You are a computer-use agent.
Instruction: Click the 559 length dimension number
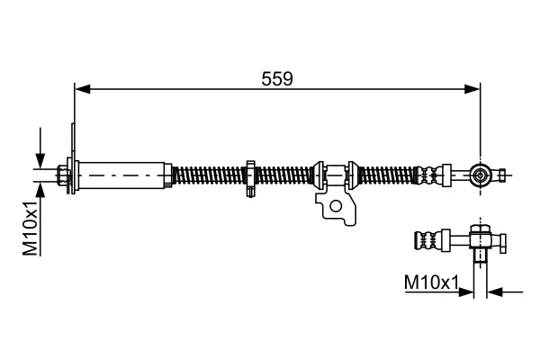[x=277, y=79]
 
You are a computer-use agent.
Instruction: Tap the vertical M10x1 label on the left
[x=31, y=228]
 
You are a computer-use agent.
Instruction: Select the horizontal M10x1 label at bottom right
[x=431, y=283]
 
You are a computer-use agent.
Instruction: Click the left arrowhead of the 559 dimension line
[x=83, y=89]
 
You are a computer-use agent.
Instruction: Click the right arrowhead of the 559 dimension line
[x=472, y=89]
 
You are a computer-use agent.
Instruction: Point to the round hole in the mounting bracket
[x=336, y=206]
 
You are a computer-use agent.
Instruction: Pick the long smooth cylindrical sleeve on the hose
[x=122, y=175]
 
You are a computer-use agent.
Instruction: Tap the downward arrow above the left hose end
[x=40, y=148]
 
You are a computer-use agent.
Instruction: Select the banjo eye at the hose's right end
[x=480, y=175]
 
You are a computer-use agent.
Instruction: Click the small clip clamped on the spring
[x=251, y=178]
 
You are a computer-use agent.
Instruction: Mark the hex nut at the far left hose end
[x=63, y=175]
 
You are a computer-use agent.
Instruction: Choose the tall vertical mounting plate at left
[x=73, y=158]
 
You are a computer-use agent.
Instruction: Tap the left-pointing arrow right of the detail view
[x=505, y=292]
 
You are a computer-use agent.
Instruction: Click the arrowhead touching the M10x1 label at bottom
[x=466, y=292]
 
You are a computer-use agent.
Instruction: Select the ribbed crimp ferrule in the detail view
[x=428, y=239]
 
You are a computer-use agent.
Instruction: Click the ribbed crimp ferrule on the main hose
[x=428, y=175]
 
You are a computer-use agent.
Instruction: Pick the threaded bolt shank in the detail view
[x=480, y=256]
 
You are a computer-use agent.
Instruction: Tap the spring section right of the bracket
[x=388, y=175]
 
